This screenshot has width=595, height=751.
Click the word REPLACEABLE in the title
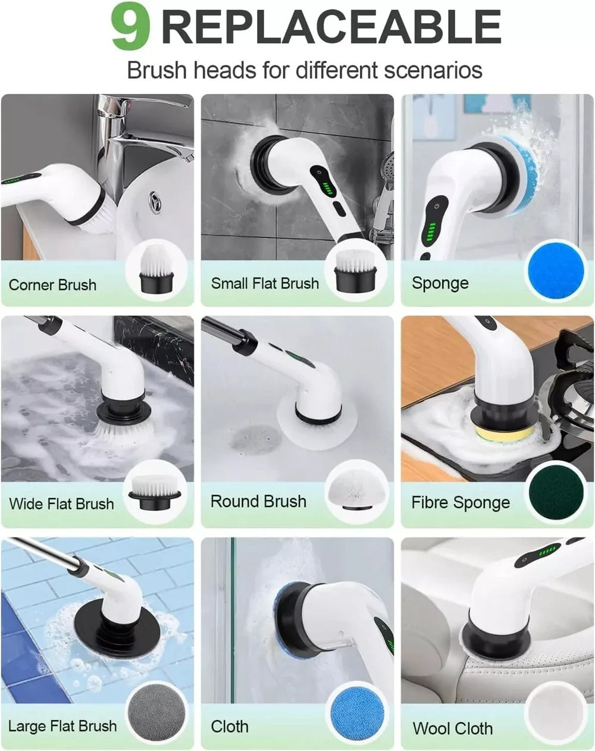point(331,27)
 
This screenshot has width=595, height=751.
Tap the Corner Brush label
point(52,285)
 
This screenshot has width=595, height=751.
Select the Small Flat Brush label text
point(265,283)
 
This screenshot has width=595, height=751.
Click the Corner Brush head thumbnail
point(156,271)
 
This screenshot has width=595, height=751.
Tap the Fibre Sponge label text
point(461,503)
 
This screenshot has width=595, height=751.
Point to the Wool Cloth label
point(452,728)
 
